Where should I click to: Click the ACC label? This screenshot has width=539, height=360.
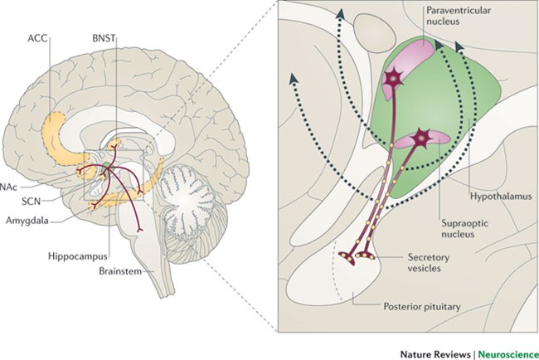tap(59, 38)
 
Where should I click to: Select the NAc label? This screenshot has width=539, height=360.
tap(9, 187)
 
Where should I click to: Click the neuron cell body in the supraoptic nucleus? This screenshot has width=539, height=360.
tap(423, 134)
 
